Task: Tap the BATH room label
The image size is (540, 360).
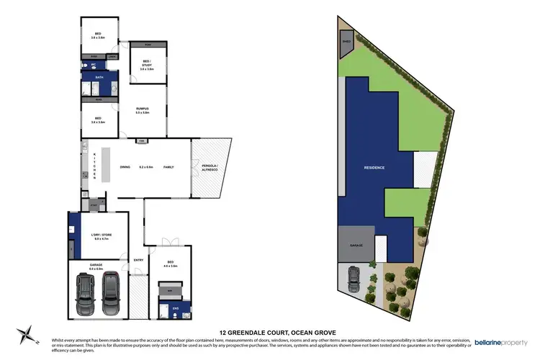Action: pos(99,76)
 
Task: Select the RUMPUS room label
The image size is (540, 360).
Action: pos(142,109)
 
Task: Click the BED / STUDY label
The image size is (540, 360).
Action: pos(147,65)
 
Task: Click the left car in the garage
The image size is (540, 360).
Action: pos(85,290)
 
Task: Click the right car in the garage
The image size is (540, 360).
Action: pos(111,290)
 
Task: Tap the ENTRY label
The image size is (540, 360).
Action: pos(138,261)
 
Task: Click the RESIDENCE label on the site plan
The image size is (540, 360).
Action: pos(374,168)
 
